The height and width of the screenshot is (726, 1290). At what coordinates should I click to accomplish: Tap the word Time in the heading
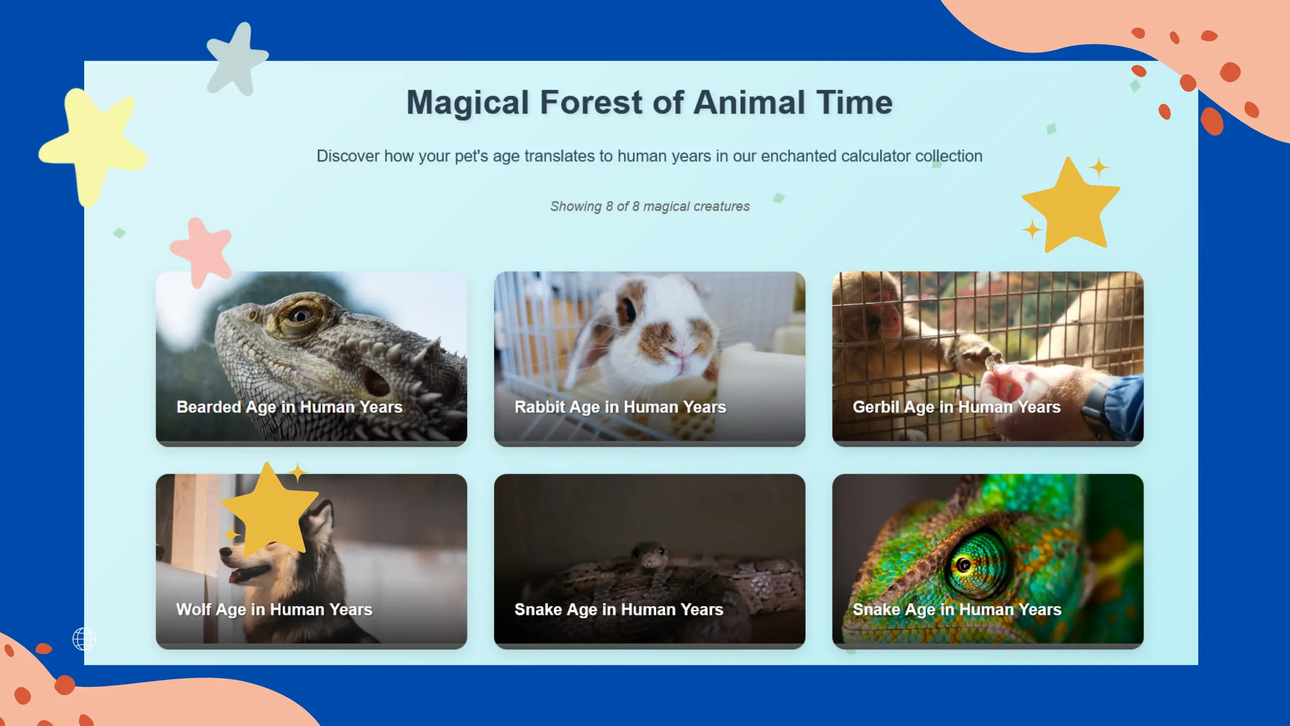(x=854, y=102)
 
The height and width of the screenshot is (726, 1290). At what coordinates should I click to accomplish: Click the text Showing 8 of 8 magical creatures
(x=650, y=206)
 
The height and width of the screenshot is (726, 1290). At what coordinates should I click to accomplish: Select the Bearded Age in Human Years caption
(x=289, y=407)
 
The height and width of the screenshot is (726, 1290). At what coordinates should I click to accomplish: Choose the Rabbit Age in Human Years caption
(x=620, y=407)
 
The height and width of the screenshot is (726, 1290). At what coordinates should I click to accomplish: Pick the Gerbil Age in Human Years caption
(x=956, y=407)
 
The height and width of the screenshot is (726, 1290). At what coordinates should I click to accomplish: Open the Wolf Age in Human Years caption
(x=274, y=610)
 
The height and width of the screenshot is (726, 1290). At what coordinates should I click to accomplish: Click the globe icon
(x=84, y=639)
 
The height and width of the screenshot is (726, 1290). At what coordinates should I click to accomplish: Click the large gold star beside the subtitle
(x=1071, y=207)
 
